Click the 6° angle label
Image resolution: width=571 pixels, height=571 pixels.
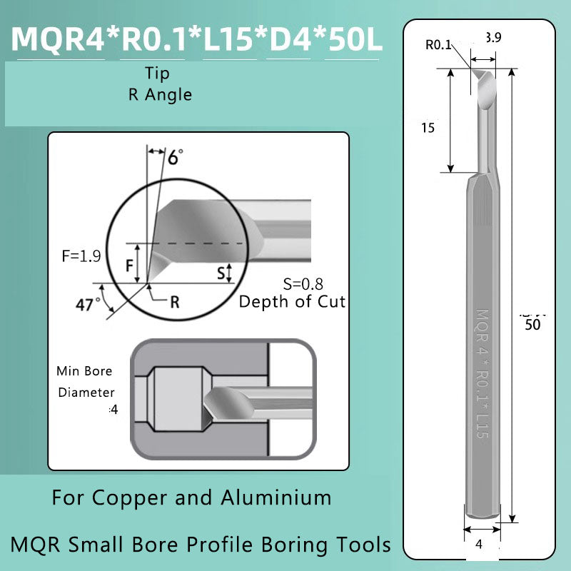point(175,156)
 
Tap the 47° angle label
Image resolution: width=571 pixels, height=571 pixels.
point(89,304)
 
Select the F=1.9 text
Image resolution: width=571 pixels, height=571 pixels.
point(81,256)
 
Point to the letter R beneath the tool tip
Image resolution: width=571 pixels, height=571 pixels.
point(174,301)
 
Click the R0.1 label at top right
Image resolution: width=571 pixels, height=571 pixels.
point(438,45)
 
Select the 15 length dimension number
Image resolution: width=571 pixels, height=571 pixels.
point(428,128)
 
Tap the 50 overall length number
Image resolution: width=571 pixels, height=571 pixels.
point(532,324)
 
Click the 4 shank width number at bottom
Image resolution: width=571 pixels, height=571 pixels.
point(480,543)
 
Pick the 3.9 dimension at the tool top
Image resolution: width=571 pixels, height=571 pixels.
point(492,38)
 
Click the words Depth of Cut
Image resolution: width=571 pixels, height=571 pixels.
point(291,301)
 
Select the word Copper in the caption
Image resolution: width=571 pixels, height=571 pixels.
point(129,497)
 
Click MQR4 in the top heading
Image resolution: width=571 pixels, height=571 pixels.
point(58,39)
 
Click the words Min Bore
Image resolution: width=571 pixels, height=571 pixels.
point(84,371)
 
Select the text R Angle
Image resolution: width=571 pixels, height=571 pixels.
point(160,94)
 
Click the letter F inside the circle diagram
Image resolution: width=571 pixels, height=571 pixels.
point(130,265)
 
